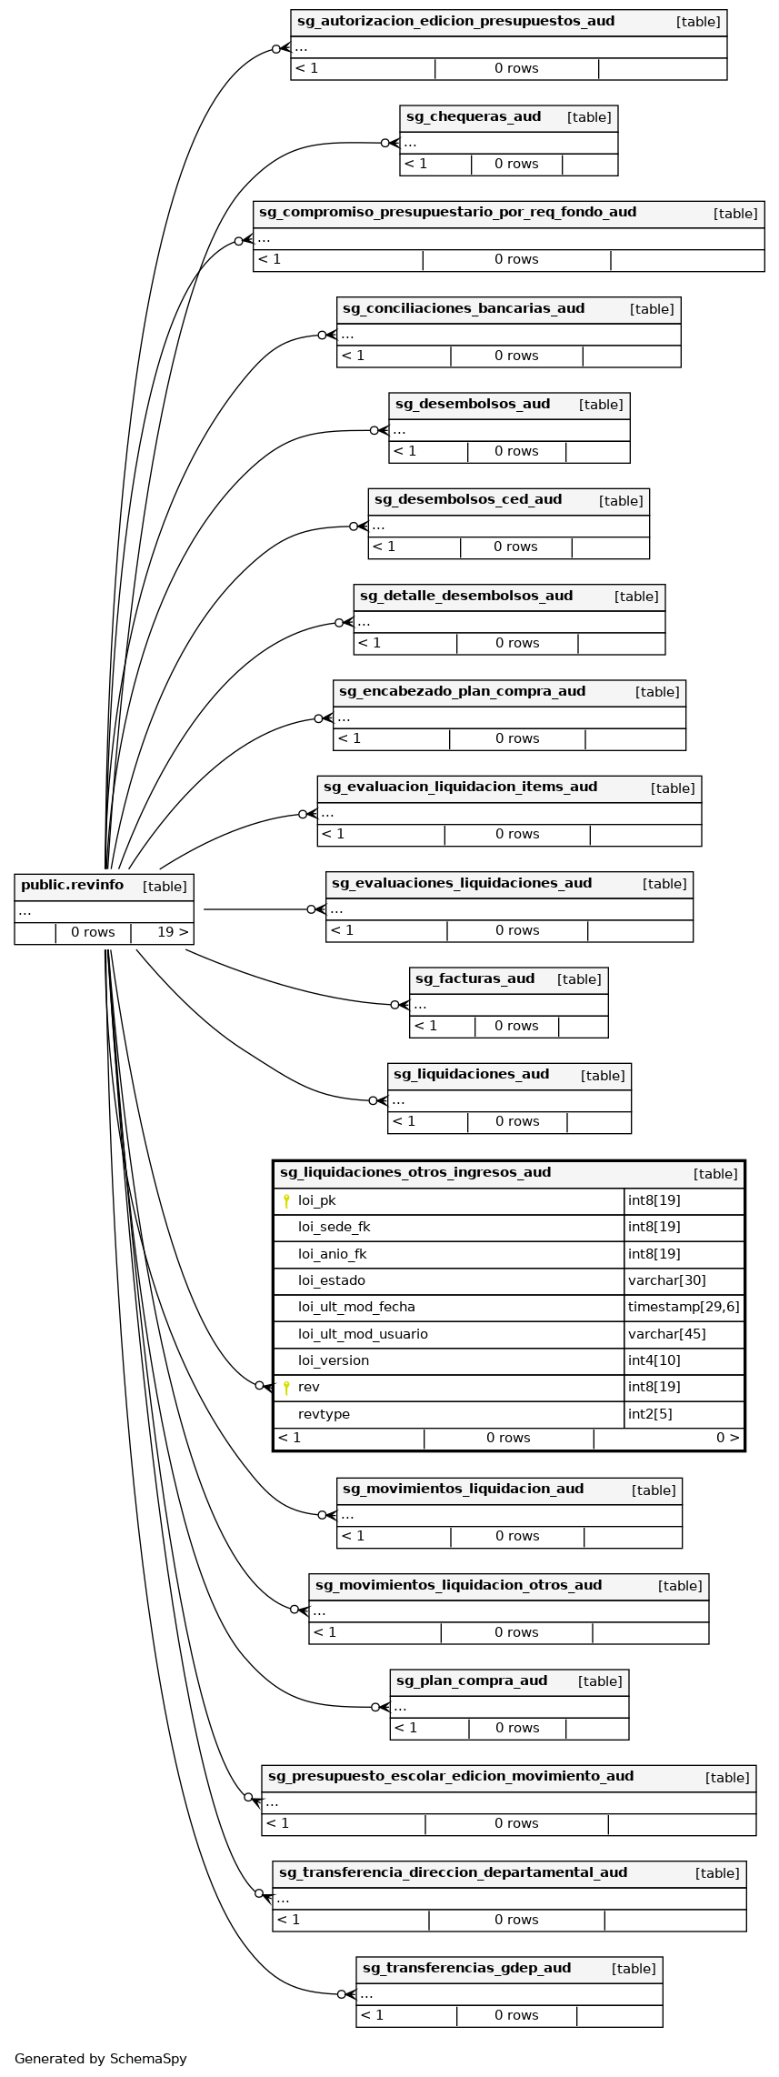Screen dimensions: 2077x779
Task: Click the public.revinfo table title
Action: [73, 885]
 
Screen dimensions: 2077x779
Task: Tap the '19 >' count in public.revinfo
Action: [173, 932]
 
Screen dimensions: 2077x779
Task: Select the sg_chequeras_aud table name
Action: [474, 116]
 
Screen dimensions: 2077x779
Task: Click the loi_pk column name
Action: [316, 1200]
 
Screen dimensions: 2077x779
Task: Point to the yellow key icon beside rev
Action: [286, 1387]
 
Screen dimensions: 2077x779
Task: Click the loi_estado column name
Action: [331, 1280]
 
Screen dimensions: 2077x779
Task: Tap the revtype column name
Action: [324, 1414]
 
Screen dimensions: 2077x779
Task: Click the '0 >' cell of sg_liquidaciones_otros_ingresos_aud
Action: [727, 1438]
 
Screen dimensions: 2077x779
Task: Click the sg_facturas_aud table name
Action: [474, 978]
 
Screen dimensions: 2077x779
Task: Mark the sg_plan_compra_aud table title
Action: [472, 1681]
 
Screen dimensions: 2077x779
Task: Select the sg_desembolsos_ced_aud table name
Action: [468, 499]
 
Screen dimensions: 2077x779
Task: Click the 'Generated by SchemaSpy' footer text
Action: [100, 2059]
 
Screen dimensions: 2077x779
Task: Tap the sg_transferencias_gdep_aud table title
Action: [466, 1968]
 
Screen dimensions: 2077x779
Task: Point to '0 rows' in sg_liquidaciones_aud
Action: [516, 1121]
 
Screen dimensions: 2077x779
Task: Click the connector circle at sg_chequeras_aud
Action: [385, 143]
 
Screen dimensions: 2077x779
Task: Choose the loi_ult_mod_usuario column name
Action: [363, 1334]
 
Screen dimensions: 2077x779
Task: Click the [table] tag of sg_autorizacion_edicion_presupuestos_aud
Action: [698, 22]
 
